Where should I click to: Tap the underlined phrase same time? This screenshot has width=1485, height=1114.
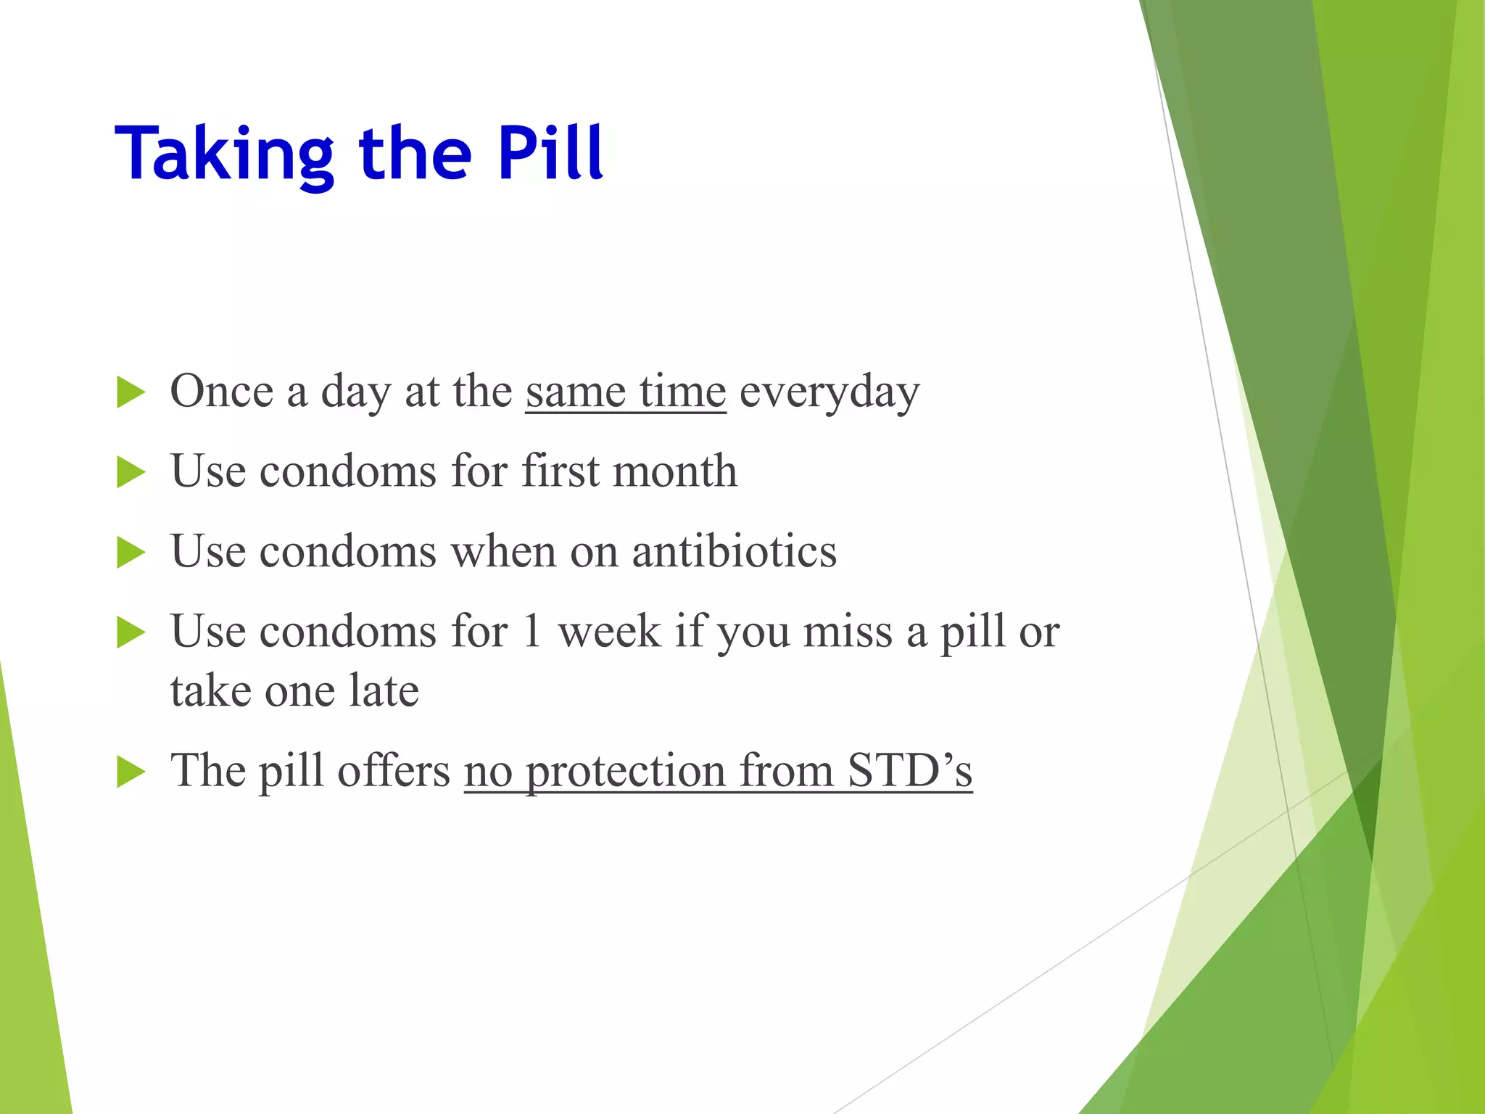625,392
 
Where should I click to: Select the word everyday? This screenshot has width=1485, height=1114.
830,393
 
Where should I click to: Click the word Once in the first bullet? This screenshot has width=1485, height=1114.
221,392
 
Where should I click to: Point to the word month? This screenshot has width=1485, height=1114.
674,471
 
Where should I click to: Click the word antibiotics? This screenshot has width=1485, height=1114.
734,551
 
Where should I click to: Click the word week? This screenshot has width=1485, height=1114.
609,631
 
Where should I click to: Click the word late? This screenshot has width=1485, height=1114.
384,690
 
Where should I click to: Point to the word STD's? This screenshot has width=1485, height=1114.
909,770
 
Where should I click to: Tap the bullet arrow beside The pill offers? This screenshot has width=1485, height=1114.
131,772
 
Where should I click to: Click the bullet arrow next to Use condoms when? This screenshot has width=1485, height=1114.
131,553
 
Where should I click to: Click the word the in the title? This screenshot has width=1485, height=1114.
415,154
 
